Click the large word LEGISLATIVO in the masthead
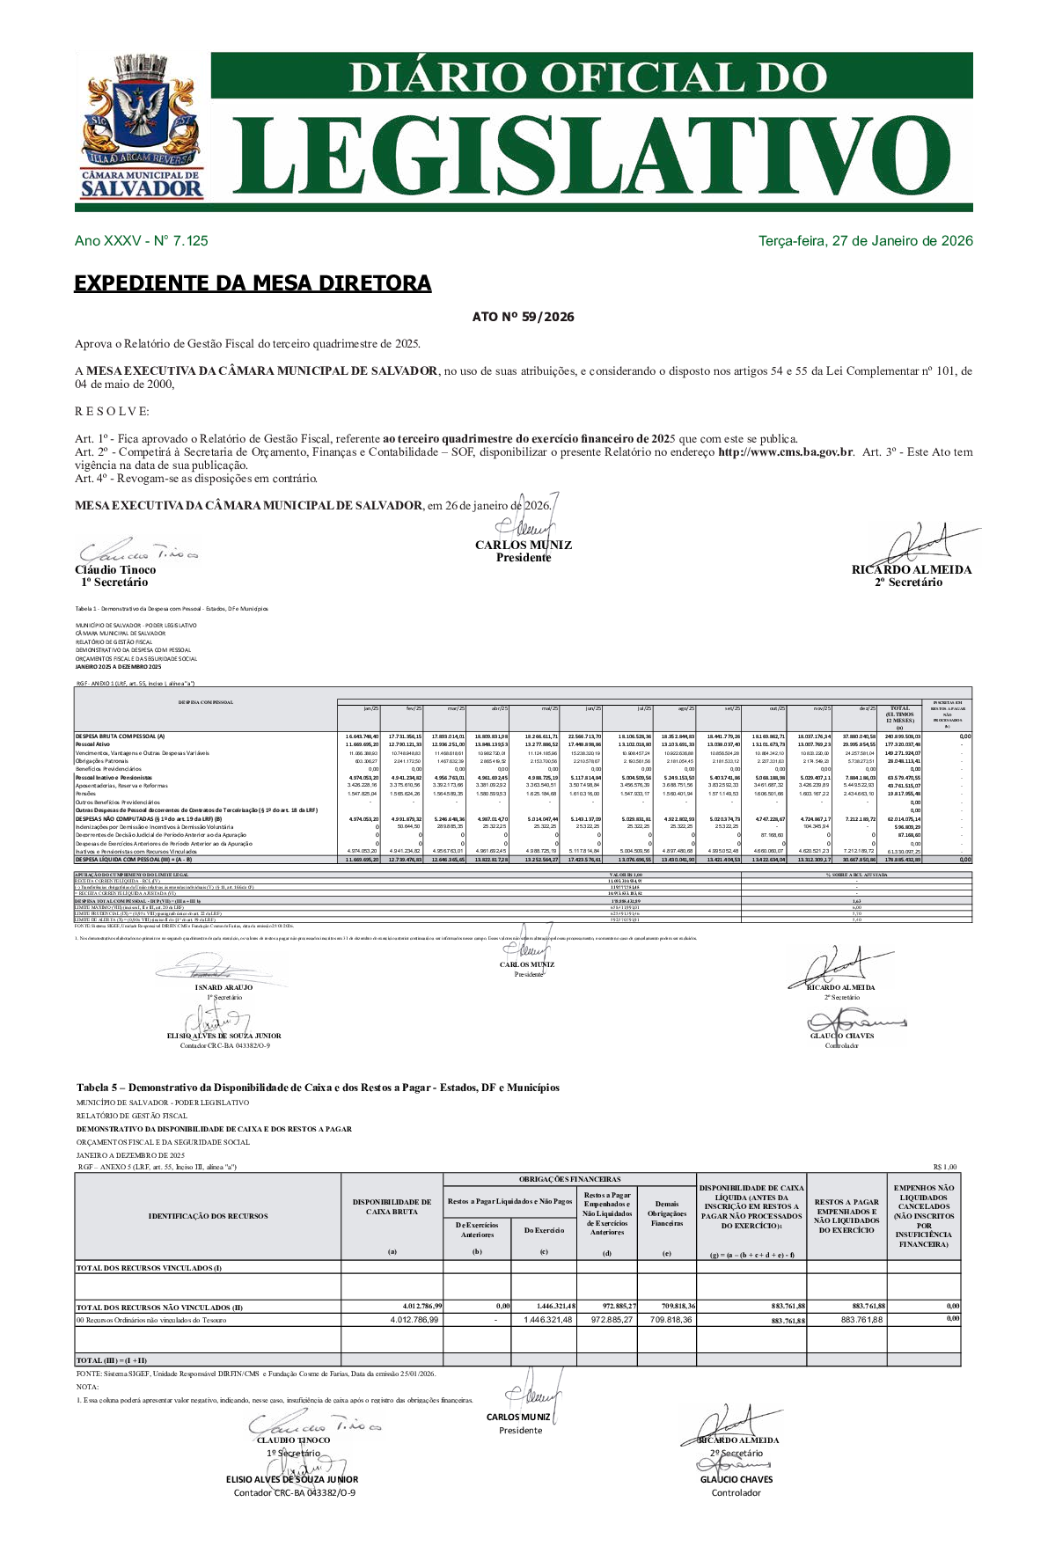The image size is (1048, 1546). click(590, 158)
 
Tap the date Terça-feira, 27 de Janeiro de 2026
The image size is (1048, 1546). click(865, 241)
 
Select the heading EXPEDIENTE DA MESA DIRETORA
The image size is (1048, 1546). click(253, 283)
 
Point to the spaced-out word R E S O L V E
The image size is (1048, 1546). click(112, 412)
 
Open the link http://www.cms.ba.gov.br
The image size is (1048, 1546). click(785, 452)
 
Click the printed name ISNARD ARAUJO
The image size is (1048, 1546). click(224, 987)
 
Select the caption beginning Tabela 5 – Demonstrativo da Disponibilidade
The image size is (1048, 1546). click(318, 1088)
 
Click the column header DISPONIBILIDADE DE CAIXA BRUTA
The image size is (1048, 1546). click(392, 1206)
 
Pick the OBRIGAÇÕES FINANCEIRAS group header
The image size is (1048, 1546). click(569, 1179)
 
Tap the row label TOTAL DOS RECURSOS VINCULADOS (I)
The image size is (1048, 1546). click(149, 1268)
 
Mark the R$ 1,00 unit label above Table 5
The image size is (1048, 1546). click(944, 1168)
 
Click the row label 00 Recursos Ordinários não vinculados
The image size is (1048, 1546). click(151, 1320)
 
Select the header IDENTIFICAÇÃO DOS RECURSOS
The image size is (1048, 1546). click(208, 1216)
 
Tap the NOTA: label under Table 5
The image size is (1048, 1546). click(88, 1387)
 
